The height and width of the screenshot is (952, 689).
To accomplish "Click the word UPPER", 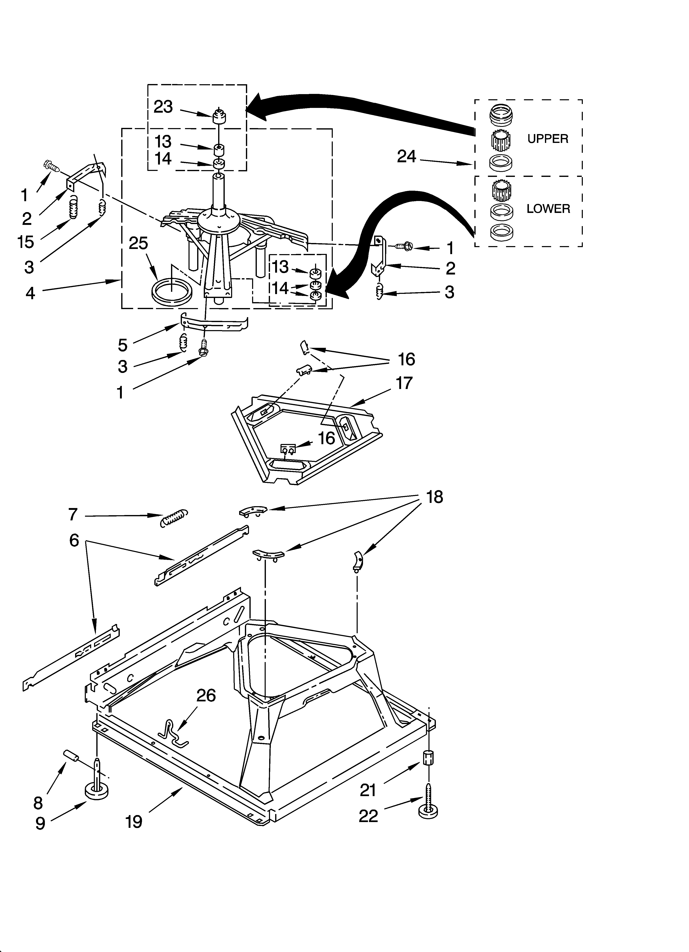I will click(548, 139).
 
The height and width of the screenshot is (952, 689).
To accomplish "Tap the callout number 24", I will click(406, 157).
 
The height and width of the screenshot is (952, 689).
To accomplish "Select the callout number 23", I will click(163, 107).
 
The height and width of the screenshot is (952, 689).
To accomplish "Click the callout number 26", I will click(206, 696).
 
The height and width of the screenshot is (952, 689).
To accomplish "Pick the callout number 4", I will click(30, 293).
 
